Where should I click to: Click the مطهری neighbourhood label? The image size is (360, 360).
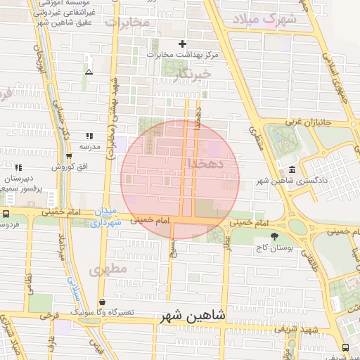tap(107, 269)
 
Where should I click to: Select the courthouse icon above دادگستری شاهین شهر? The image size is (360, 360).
tap(292, 169)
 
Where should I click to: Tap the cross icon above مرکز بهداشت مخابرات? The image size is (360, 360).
tap(183, 43)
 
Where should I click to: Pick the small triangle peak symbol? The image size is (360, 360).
tap(89, 71)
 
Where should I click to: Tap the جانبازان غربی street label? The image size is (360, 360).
tap(306, 121)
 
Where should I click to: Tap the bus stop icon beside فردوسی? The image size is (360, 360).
tap(6, 214)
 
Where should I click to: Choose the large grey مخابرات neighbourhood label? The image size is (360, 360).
tap(128, 22)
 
